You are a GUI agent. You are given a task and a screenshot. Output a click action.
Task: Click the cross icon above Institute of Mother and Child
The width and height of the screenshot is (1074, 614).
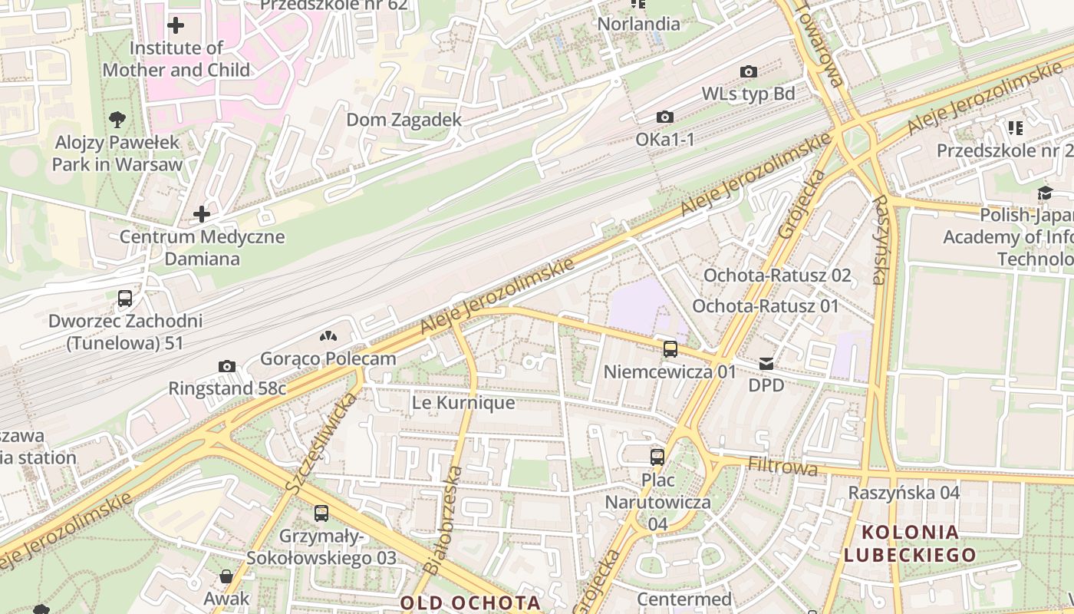(176, 25)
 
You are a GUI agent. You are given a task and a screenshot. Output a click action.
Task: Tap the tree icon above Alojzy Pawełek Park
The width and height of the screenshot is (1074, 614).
(117, 119)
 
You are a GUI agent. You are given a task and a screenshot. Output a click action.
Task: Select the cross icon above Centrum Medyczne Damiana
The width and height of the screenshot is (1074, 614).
(202, 213)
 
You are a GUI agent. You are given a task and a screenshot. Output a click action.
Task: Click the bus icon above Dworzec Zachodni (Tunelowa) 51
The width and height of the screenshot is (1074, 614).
(125, 298)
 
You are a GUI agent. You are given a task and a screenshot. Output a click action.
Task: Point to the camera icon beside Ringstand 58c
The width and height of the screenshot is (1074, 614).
(226, 366)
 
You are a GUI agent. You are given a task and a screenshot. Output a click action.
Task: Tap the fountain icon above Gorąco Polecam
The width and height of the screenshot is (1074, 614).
(328, 336)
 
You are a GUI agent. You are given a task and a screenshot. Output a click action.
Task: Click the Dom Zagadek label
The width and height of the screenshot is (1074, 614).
(404, 120)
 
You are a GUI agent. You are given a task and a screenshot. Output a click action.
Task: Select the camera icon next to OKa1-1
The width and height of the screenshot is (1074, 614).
(665, 117)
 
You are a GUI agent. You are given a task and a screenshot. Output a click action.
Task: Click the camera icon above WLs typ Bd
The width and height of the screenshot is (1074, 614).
(749, 72)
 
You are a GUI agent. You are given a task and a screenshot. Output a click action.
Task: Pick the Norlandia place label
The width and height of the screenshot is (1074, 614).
(638, 24)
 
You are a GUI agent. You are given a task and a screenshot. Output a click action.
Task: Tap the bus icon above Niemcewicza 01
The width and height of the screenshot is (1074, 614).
(670, 349)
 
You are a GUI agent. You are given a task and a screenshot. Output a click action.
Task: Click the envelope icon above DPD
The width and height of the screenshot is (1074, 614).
(766, 363)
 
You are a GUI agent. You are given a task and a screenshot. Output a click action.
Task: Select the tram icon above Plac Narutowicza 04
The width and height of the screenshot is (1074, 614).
(657, 457)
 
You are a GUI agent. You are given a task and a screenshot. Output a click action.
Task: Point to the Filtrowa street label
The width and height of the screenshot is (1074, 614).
(782, 467)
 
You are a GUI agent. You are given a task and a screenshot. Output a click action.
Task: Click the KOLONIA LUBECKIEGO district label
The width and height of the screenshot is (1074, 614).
(910, 543)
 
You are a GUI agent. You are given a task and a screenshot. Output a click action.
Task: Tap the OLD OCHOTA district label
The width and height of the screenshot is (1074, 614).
(471, 603)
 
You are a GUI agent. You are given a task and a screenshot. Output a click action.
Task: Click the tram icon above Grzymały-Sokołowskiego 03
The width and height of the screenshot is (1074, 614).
(321, 513)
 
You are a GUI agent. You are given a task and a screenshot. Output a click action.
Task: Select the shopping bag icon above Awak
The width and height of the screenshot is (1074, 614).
(226, 576)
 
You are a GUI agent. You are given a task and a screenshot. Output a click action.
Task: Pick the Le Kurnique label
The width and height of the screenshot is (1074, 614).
(463, 403)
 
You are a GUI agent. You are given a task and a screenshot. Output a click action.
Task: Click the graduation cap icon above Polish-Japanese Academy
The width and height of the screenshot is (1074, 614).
(1045, 193)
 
